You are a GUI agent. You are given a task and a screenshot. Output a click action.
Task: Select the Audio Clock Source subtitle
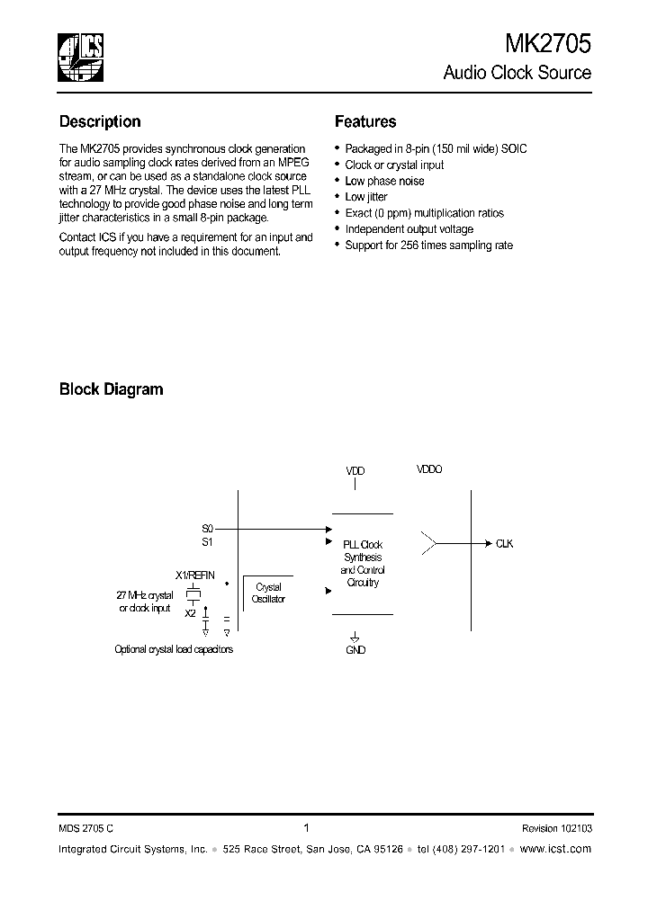click(517, 73)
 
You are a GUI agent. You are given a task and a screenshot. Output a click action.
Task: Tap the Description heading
click(100, 121)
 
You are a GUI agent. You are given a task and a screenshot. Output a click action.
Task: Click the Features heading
click(365, 121)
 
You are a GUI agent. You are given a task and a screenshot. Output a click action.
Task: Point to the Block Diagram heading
click(111, 389)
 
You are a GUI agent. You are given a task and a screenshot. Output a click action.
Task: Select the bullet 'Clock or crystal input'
click(394, 165)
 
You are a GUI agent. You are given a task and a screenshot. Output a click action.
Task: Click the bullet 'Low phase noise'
click(384, 181)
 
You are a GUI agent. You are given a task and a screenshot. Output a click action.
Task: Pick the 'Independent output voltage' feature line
click(410, 229)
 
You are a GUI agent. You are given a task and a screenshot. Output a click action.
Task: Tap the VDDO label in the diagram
click(429, 469)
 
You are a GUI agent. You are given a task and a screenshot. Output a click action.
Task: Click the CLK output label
click(504, 544)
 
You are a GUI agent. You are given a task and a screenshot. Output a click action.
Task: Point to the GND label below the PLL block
click(355, 649)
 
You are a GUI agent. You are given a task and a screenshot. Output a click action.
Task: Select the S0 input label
click(207, 529)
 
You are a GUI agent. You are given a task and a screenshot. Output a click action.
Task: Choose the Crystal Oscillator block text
click(268, 593)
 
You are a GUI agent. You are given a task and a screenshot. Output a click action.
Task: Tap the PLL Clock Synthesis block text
click(362, 563)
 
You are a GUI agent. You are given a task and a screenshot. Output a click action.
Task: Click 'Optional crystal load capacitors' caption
click(174, 649)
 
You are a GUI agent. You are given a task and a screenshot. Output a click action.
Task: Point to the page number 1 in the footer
click(307, 828)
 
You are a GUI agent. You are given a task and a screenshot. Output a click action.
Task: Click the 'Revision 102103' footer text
click(556, 829)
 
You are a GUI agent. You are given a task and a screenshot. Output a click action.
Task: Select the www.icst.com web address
click(555, 849)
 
